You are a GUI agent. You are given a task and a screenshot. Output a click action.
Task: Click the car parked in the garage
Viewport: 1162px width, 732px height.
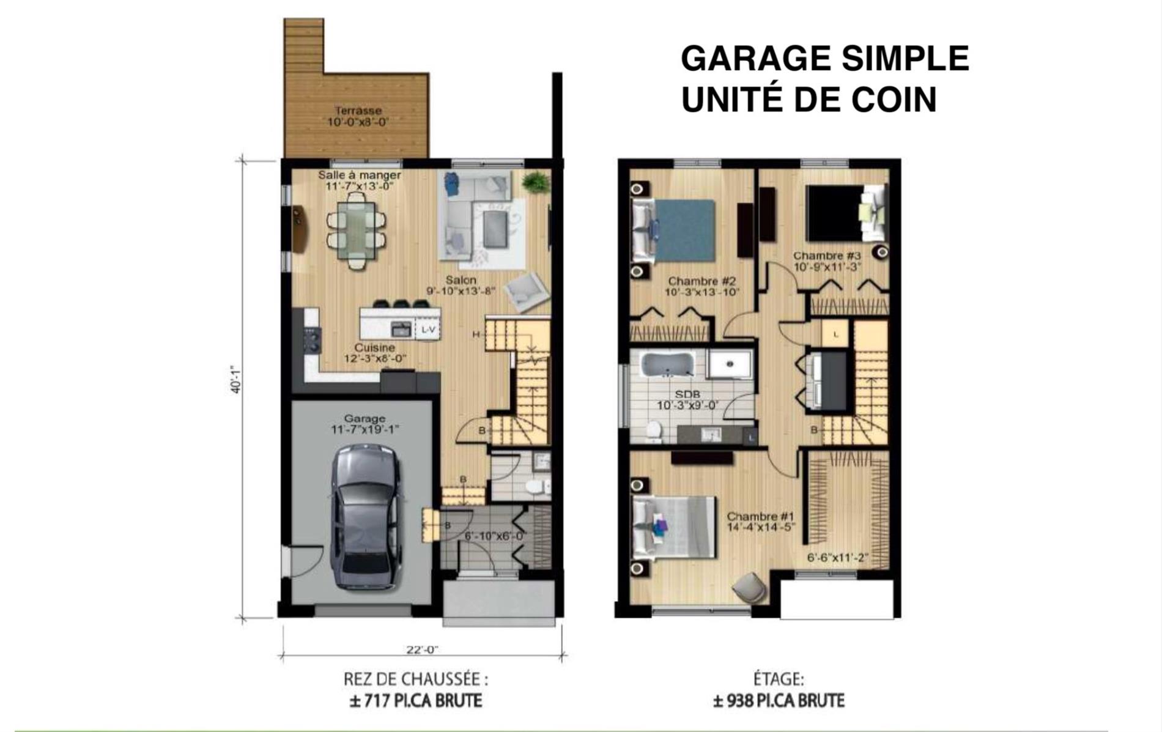[365, 517]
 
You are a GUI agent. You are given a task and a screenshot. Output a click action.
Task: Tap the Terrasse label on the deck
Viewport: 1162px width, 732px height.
[358, 111]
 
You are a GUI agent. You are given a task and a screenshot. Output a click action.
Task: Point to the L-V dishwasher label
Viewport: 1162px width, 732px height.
[428, 330]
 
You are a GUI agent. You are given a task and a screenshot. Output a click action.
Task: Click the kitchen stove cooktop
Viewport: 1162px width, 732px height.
[313, 340]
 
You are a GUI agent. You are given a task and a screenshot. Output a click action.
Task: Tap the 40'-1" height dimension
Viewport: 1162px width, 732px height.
[237, 379]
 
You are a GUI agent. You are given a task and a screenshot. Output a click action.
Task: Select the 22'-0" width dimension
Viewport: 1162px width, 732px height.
[422, 650]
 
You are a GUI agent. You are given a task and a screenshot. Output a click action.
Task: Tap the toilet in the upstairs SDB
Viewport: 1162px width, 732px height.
[654, 431]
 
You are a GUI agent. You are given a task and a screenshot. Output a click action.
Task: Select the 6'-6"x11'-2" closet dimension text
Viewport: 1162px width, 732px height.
[838, 558]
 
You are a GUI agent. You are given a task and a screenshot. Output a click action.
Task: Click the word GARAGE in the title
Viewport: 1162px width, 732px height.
[756, 59]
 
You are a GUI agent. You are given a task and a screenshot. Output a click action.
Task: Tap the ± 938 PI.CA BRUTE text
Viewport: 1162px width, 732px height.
[779, 700]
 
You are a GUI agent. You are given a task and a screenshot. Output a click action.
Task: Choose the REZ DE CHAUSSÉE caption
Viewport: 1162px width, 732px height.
[416, 679]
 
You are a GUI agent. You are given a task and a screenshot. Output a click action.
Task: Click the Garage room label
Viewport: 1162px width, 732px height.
[365, 419]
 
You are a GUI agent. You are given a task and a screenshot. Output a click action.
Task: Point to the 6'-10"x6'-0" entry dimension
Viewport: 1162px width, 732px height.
[495, 537]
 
